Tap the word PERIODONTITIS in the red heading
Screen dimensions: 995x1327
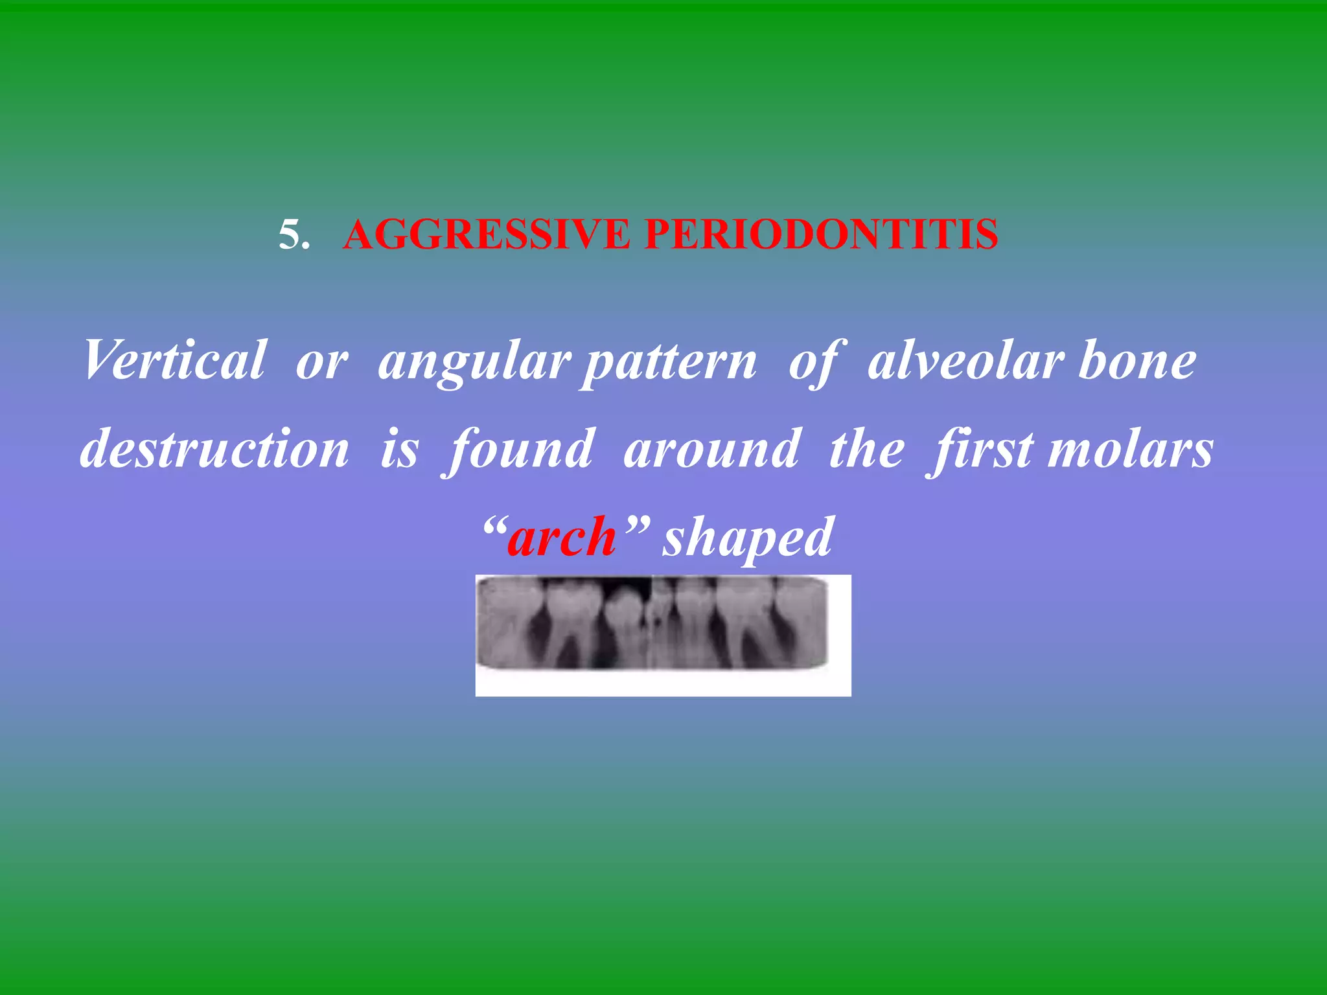(x=821, y=234)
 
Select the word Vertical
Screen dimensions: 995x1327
(x=174, y=360)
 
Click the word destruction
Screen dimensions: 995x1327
(x=214, y=448)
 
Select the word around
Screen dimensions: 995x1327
(x=711, y=450)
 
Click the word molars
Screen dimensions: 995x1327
(x=1131, y=450)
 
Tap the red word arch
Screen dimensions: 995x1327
(x=561, y=538)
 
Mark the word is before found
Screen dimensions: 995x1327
(x=399, y=450)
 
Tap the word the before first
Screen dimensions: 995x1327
(x=866, y=450)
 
